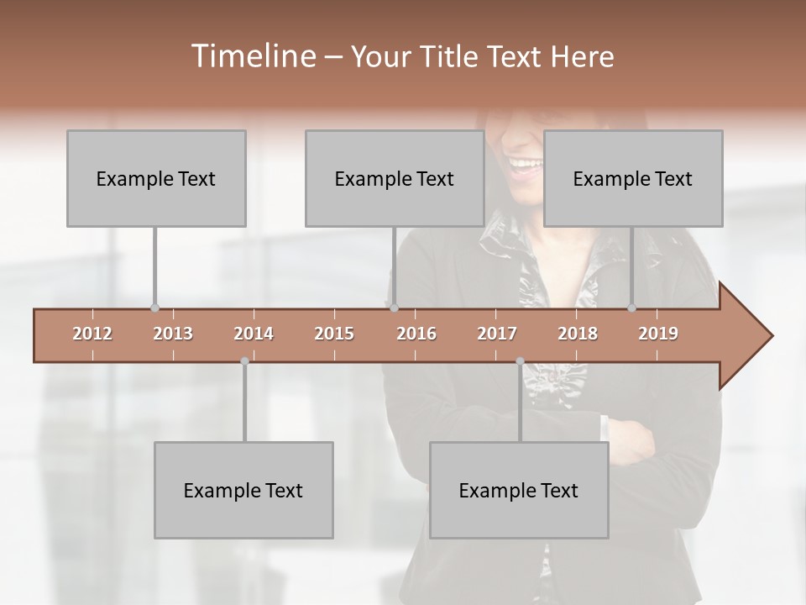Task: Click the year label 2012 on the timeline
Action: [x=92, y=334]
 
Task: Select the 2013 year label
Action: [x=173, y=334]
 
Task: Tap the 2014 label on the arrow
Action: [x=254, y=334]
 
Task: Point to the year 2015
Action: [x=334, y=334]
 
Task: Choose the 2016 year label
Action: [x=416, y=334]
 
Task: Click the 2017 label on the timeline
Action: [x=497, y=334]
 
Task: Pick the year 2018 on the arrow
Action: [x=578, y=334]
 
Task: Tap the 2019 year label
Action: [x=658, y=334]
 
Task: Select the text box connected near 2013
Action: [x=156, y=178]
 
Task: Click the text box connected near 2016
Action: [x=395, y=178]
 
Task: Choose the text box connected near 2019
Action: [x=633, y=178]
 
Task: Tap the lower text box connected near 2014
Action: [x=243, y=490]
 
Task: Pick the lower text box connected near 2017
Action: [x=519, y=490]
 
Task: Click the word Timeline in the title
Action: [x=252, y=56]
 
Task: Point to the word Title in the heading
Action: [x=452, y=57]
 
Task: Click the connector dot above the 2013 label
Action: [x=154, y=308]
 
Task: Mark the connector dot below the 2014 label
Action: [x=244, y=361]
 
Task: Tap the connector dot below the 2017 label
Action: [x=520, y=361]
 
